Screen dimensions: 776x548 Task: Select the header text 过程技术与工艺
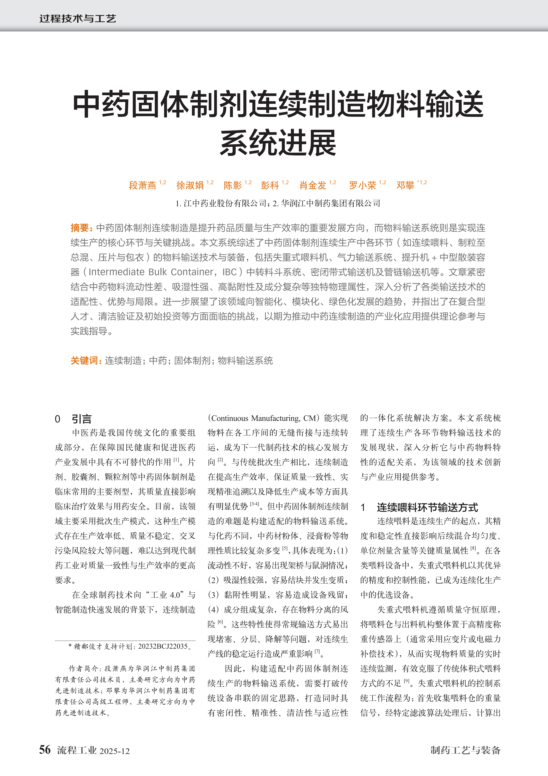(78, 19)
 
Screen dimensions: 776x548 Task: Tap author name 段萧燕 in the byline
(142, 185)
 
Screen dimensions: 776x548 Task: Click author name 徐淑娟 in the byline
(190, 185)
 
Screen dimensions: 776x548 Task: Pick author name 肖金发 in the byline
(313, 185)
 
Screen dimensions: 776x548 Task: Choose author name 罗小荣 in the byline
(362, 185)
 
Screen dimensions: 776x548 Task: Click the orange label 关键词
(84, 361)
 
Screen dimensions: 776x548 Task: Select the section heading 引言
(81, 419)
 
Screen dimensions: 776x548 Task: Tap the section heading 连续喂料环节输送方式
(427, 507)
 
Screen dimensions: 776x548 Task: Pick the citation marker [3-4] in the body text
(254, 504)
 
